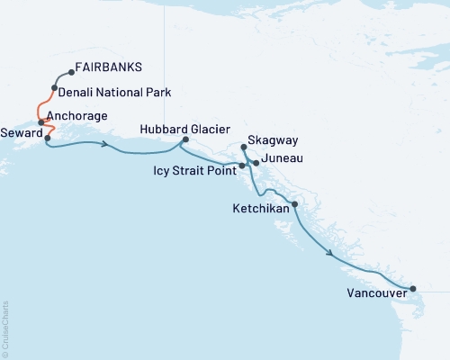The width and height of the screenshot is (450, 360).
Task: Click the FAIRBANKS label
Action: [x=109, y=67]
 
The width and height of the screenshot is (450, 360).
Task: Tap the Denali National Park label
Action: [x=114, y=92]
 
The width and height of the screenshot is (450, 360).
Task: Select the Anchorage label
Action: [x=76, y=116]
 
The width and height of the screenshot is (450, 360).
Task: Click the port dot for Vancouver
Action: [x=413, y=289]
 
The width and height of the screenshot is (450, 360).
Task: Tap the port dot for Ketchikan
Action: [x=295, y=204]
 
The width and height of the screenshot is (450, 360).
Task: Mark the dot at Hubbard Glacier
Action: [x=185, y=139]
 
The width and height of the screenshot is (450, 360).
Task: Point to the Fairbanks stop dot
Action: [x=70, y=74]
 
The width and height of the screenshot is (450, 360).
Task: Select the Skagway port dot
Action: [x=245, y=147]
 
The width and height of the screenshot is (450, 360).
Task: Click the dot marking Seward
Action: [x=47, y=139]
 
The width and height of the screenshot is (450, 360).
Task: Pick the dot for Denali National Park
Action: [x=55, y=88]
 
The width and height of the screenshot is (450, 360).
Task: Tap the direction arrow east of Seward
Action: [x=107, y=146]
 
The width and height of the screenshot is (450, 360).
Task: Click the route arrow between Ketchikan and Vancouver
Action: [x=334, y=255]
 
